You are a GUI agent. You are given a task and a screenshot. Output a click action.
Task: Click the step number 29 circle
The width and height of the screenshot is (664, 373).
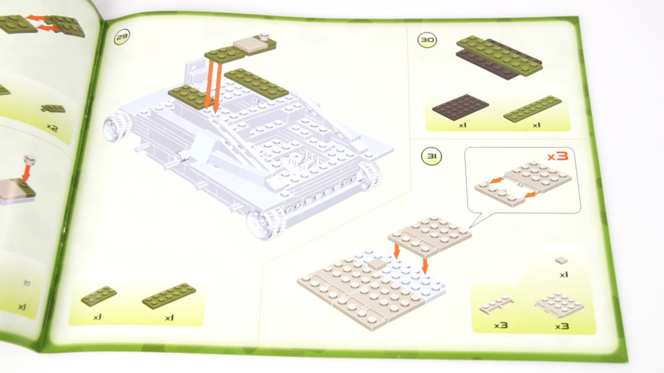(122, 37)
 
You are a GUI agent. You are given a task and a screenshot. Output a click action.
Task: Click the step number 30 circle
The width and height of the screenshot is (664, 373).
(427, 40)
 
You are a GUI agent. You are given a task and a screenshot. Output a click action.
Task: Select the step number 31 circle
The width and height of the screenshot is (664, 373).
(431, 157)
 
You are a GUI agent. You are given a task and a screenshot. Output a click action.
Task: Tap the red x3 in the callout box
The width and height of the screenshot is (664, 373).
(557, 156)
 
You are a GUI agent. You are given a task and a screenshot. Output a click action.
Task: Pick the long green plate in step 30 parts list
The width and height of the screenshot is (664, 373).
(532, 109)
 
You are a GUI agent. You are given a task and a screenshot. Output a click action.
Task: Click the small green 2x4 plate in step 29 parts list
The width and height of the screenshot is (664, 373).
(99, 295)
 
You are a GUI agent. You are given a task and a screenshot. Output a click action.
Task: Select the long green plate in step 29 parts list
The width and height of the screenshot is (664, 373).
(169, 295)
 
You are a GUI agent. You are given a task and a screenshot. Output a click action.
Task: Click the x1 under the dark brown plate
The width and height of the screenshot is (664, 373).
(462, 125)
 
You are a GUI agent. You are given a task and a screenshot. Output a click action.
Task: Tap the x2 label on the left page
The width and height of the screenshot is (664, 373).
(52, 127)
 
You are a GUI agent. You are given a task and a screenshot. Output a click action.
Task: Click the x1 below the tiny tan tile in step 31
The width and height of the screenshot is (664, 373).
(563, 275)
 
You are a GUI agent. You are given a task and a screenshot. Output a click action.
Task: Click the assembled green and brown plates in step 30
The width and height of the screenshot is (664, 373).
(499, 58)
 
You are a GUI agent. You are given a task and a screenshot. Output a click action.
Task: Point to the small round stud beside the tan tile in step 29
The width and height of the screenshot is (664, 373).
(265, 36)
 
